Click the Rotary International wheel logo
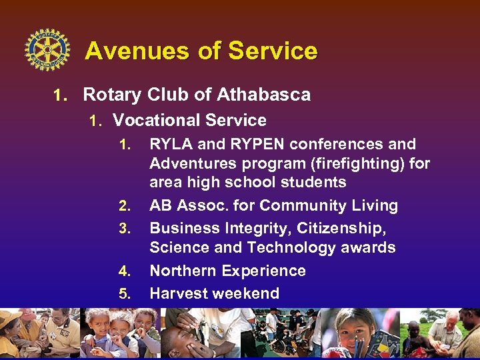pos(47,50)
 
